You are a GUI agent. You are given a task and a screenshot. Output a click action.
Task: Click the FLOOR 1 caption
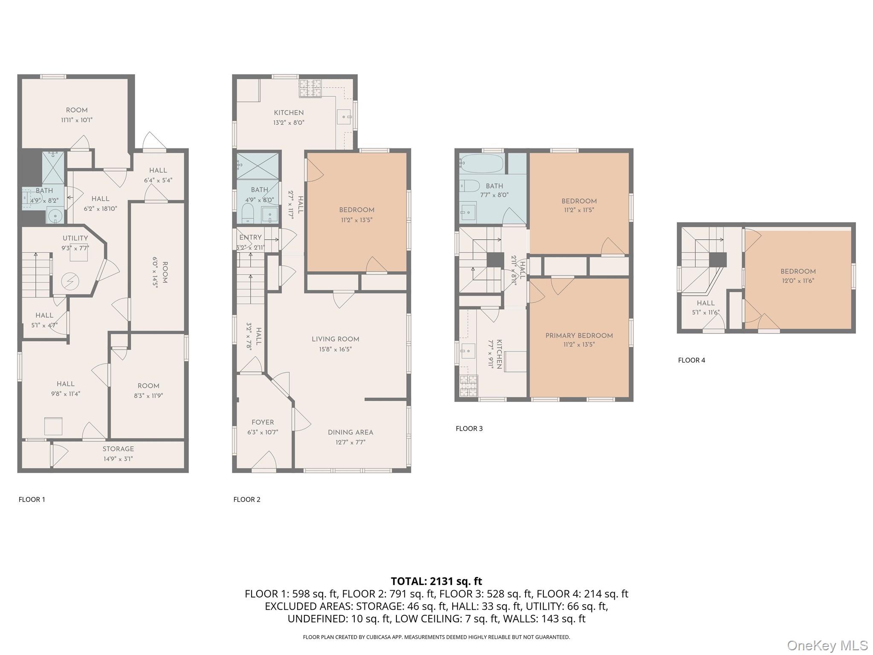32,499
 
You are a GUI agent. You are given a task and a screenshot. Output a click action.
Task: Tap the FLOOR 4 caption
691,360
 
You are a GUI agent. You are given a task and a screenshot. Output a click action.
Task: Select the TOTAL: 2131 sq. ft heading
436,581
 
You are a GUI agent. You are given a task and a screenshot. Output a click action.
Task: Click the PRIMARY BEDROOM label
579,336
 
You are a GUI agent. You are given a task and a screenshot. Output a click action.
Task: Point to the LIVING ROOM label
335,339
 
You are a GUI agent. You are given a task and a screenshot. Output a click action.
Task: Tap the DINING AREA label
350,432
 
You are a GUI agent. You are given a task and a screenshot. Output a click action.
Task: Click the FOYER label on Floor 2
263,422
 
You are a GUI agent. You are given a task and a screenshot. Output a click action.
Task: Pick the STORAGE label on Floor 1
118,449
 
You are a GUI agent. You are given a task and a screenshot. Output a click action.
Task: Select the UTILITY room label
75,238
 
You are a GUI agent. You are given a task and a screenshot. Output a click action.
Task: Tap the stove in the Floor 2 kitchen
310,88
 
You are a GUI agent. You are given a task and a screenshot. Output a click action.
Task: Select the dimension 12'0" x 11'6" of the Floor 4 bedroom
798,281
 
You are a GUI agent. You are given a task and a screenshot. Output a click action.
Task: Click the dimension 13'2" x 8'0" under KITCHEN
289,122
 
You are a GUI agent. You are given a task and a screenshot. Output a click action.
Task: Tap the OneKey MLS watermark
827,645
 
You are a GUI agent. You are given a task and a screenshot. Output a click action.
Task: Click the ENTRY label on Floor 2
250,238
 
